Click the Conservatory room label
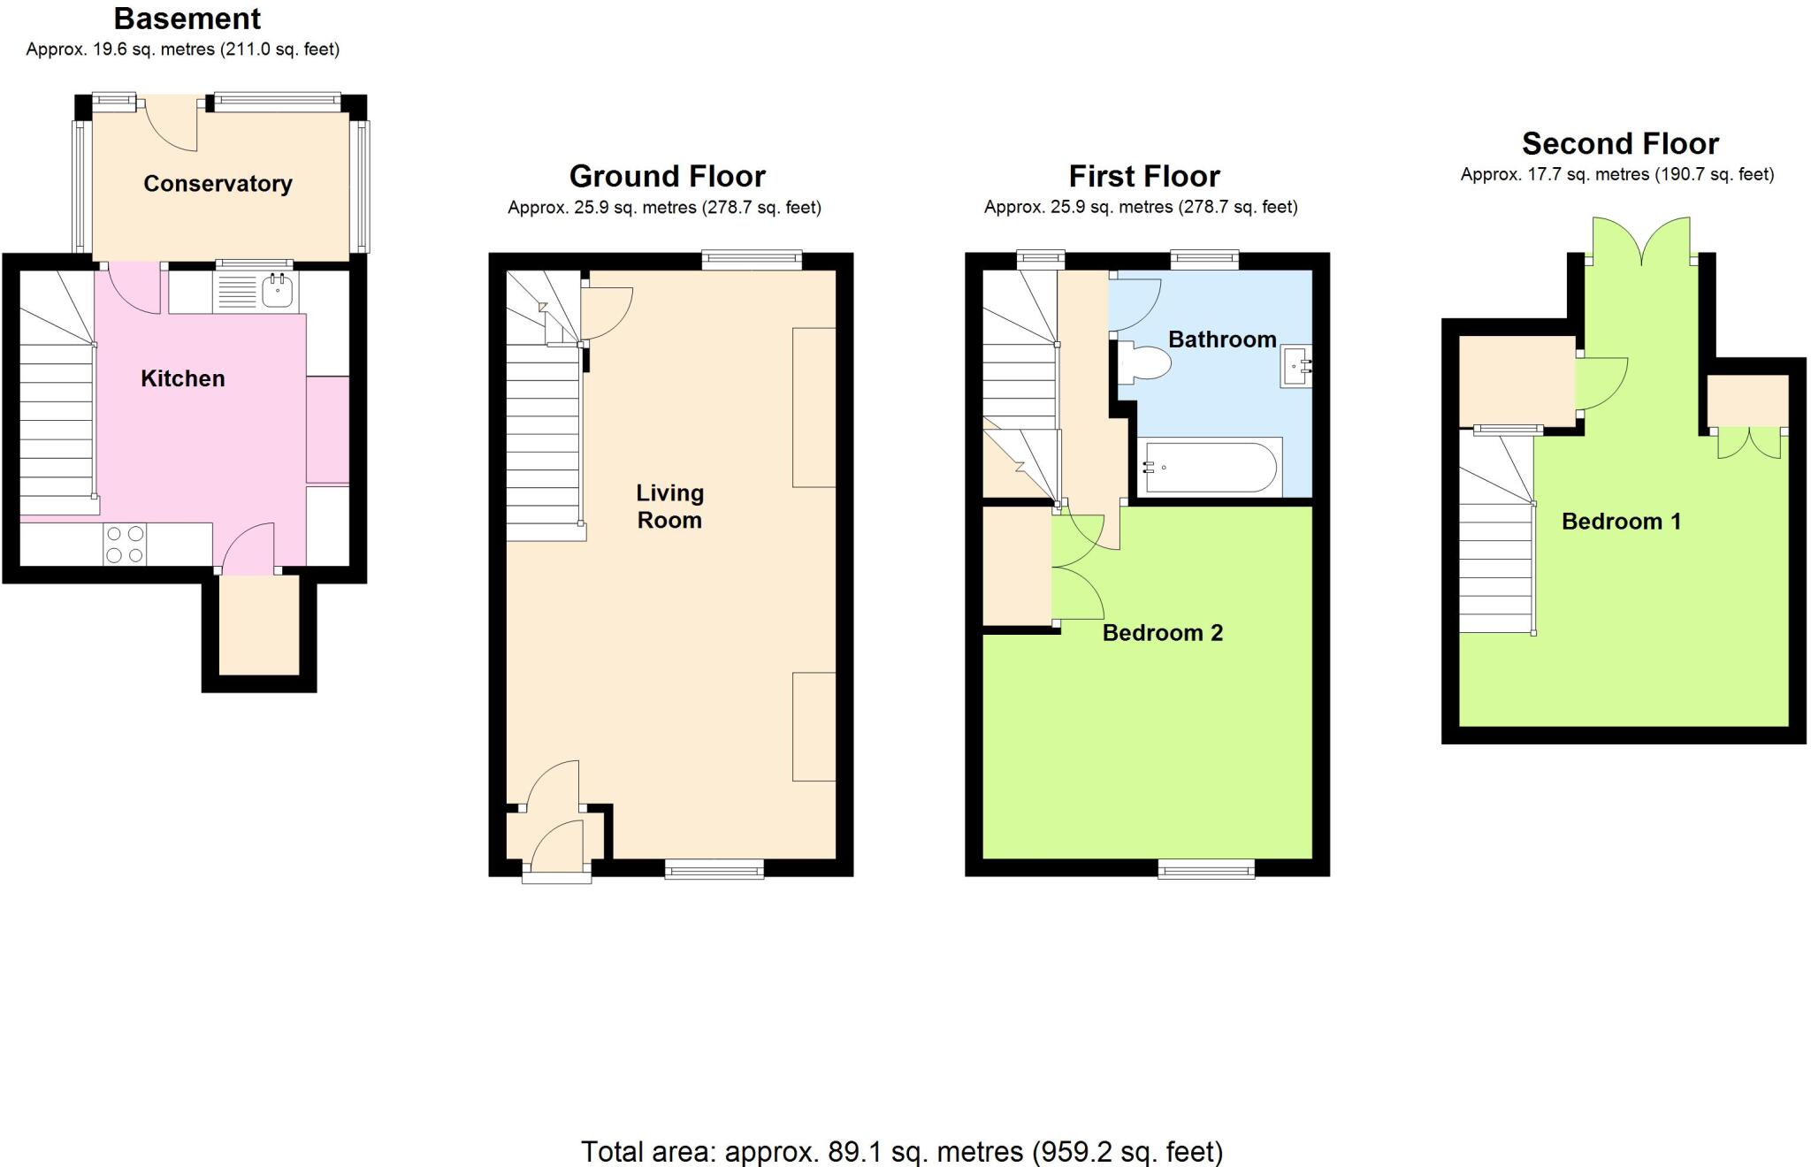click(x=218, y=183)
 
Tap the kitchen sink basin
click(x=279, y=289)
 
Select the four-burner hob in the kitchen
click(x=125, y=545)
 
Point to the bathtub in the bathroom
click(x=1209, y=467)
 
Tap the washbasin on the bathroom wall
click(x=1295, y=366)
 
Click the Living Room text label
click(x=669, y=507)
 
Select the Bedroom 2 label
click(x=1162, y=632)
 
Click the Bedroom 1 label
click(x=1621, y=521)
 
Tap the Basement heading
click(x=187, y=19)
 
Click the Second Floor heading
click(x=1620, y=143)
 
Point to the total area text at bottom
click(x=902, y=1151)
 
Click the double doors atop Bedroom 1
click(x=1641, y=241)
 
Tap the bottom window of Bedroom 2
click(x=1206, y=870)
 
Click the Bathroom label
click(x=1222, y=339)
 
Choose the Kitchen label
click(x=183, y=378)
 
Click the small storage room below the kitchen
click(x=259, y=626)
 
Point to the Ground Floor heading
click(x=667, y=176)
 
